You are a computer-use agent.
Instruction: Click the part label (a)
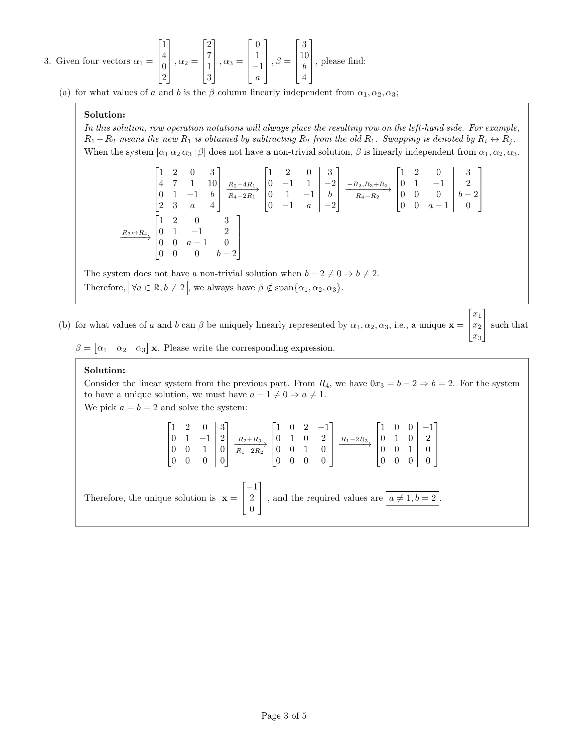tap(64, 93)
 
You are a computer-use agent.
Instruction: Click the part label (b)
tap(64, 325)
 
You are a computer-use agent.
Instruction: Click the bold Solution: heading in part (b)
tap(105, 370)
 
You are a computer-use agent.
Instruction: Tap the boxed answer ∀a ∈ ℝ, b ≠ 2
tap(158, 288)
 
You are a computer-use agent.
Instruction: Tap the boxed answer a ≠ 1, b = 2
tap(412, 498)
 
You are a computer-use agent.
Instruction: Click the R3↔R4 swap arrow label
tap(135, 233)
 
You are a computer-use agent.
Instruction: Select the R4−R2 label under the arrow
tap(368, 196)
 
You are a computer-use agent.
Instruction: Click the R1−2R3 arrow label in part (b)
tap(354, 439)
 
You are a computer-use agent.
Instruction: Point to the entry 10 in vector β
tap(304, 55)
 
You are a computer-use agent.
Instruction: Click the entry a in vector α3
tap(257, 78)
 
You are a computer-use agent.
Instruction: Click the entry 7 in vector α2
tap(209, 55)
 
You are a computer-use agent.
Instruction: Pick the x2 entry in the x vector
tap(477, 325)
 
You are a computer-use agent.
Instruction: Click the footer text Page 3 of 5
tap(284, 716)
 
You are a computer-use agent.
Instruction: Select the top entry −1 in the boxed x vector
tap(252, 487)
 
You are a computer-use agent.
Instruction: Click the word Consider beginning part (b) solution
tap(102, 384)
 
